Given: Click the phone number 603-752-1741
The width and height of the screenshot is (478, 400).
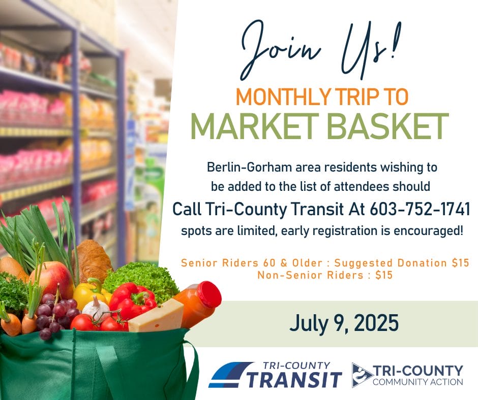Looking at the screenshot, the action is [420, 209].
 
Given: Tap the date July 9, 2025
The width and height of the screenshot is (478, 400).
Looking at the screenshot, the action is [344, 323].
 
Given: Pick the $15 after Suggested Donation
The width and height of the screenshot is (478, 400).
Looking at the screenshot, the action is [460, 263].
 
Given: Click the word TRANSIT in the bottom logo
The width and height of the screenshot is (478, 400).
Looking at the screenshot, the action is [293, 379].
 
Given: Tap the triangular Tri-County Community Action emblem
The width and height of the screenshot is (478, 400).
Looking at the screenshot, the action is [362, 375].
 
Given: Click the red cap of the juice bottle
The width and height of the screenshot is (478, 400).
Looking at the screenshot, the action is [210, 294].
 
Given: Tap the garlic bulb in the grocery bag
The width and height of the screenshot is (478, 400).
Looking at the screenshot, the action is [96, 308].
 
